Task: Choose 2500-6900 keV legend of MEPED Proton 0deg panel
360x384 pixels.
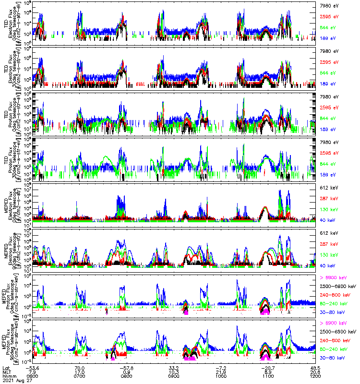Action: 337,286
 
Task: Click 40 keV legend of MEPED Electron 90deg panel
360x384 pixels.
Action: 328,265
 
